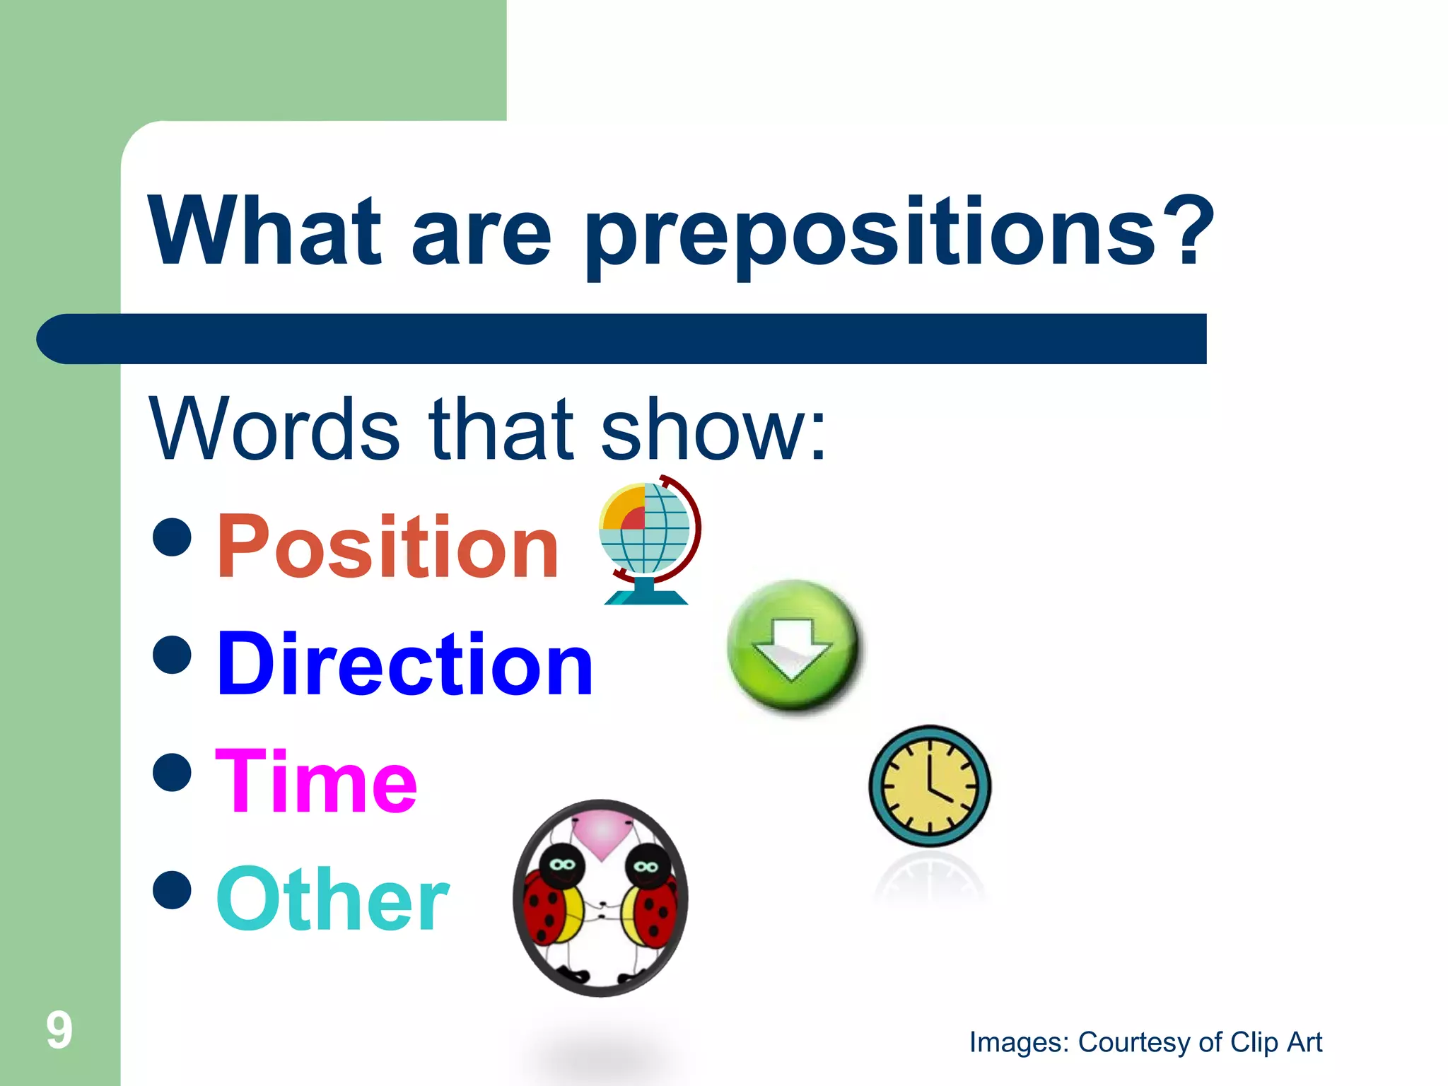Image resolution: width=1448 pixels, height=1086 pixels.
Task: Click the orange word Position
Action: (387, 546)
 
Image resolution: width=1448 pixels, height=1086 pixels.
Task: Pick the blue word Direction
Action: (404, 665)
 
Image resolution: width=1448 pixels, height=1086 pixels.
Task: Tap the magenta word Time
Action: (316, 782)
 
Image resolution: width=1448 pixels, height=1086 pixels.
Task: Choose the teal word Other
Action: (332, 900)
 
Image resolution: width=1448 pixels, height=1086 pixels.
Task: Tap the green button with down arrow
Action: (793, 645)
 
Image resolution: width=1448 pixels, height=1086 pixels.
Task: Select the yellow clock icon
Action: (929, 786)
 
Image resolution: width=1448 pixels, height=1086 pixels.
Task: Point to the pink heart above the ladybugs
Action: (601, 834)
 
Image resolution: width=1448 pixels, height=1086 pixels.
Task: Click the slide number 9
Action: (59, 1030)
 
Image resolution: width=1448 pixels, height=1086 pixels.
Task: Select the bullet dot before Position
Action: (172, 537)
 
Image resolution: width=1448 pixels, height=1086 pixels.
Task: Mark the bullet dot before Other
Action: (172, 889)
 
